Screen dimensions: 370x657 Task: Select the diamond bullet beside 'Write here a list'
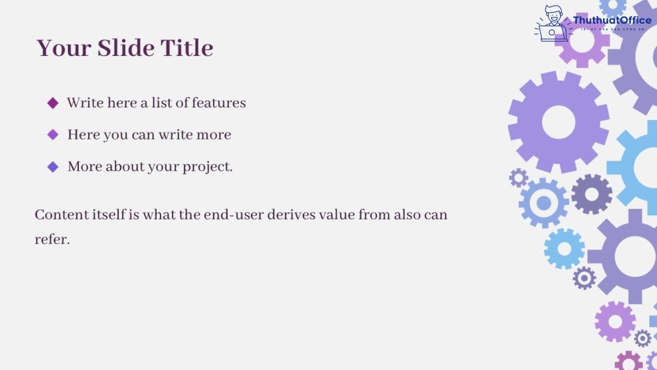point(53,103)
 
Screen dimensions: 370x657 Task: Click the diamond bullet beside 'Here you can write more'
point(53,135)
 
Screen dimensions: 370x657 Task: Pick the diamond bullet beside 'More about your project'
point(53,166)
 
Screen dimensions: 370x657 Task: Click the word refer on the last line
point(51,239)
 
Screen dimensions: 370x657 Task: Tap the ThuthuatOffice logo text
point(612,21)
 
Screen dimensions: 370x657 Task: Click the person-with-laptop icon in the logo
point(552,24)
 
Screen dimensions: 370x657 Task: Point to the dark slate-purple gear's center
point(592,193)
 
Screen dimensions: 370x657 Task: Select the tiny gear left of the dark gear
point(518,178)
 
